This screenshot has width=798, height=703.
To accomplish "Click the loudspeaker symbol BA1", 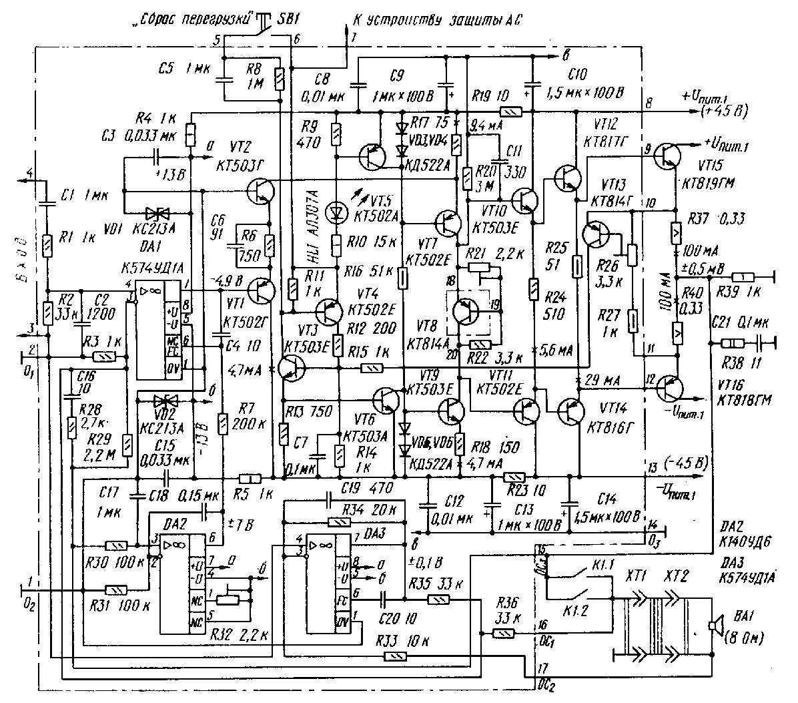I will (x=715, y=626).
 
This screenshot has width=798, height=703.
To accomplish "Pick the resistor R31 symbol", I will (x=117, y=590).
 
